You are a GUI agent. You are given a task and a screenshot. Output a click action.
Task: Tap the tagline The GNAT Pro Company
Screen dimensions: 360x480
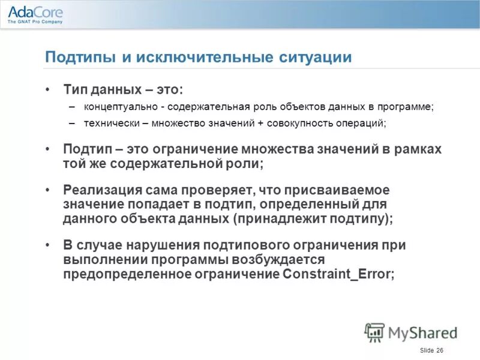click(x=35, y=23)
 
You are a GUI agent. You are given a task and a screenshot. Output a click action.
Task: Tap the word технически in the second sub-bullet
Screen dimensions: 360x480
click(x=108, y=123)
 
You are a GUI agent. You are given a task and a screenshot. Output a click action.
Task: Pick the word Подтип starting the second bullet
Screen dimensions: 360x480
click(x=85, y=149)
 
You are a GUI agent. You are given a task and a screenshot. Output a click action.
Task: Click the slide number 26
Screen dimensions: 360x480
click(x=440, y=350)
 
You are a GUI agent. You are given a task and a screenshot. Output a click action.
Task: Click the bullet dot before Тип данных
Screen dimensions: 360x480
click(x=48, y=89)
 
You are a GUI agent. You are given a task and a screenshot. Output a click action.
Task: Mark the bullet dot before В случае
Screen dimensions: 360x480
click(x=48, y=245)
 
